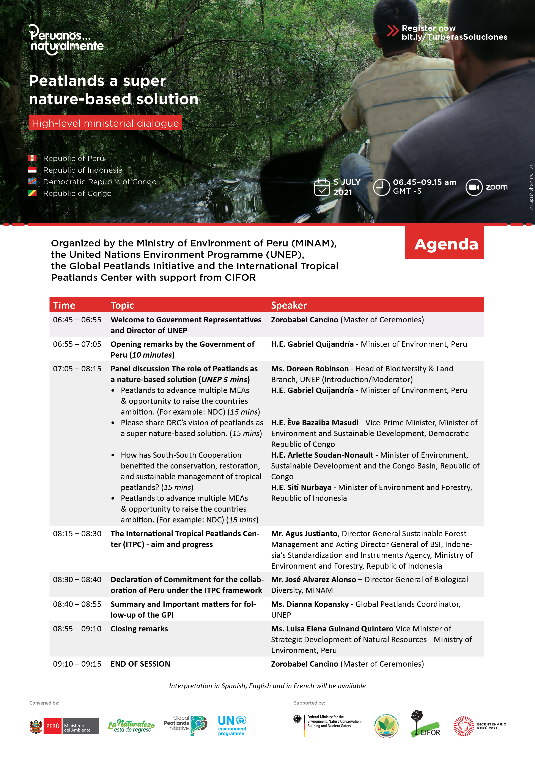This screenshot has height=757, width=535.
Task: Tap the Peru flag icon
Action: point(32,158)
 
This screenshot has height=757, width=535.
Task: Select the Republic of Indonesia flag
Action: point(32,170)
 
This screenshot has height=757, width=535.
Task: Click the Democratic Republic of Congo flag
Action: point(32,181)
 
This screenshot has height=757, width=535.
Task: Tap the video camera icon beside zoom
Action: point(474,187)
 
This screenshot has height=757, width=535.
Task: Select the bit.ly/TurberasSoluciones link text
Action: point(454,37)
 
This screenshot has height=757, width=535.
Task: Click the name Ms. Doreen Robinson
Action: point(310,369)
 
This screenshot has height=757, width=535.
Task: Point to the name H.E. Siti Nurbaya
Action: point(301,487)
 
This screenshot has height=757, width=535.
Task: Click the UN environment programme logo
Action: point(232,725)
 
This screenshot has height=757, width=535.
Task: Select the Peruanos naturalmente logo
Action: point(66,39)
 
